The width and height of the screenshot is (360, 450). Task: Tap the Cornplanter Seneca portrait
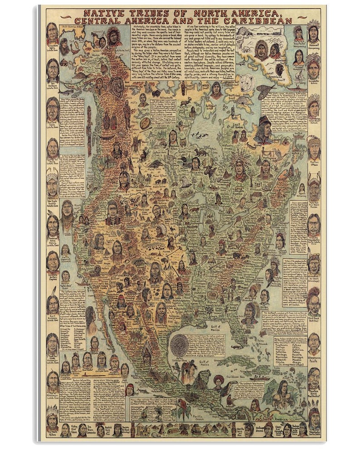pos(313,68)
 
